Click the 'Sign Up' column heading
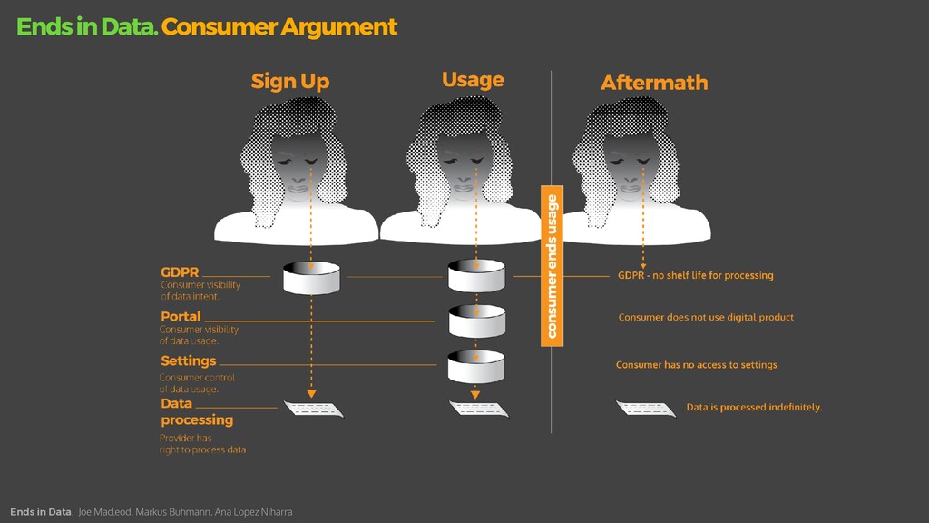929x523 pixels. (x=289, y=82)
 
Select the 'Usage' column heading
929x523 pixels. (x=472, y=80)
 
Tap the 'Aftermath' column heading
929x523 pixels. (x=653, y=83)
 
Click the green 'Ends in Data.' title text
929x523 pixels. (x=87, y=27)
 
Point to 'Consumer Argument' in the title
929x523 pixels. (x=279, y=27)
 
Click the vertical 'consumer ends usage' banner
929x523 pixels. (x=552, y=264)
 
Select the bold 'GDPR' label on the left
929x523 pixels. (x=180, y=271)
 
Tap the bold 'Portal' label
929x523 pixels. (x=181, y=317)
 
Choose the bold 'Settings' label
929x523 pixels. (x=189, y=360)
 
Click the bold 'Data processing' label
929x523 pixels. (x=197, y=411)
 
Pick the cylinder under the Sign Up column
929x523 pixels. (x=311, y=277)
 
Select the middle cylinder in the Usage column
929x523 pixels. (x=476, y=321)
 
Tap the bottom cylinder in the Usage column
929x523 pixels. (x=476, y=366)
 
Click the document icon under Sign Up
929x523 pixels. (x=314, y=410)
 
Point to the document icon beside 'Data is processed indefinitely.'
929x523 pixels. (x=646, y=409)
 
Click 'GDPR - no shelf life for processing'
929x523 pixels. (x=695, y=275)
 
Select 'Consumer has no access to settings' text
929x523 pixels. (x=696, y=365)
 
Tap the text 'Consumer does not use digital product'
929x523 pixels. (x=706, y=318)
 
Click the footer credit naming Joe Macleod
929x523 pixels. (x=185, y=512)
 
